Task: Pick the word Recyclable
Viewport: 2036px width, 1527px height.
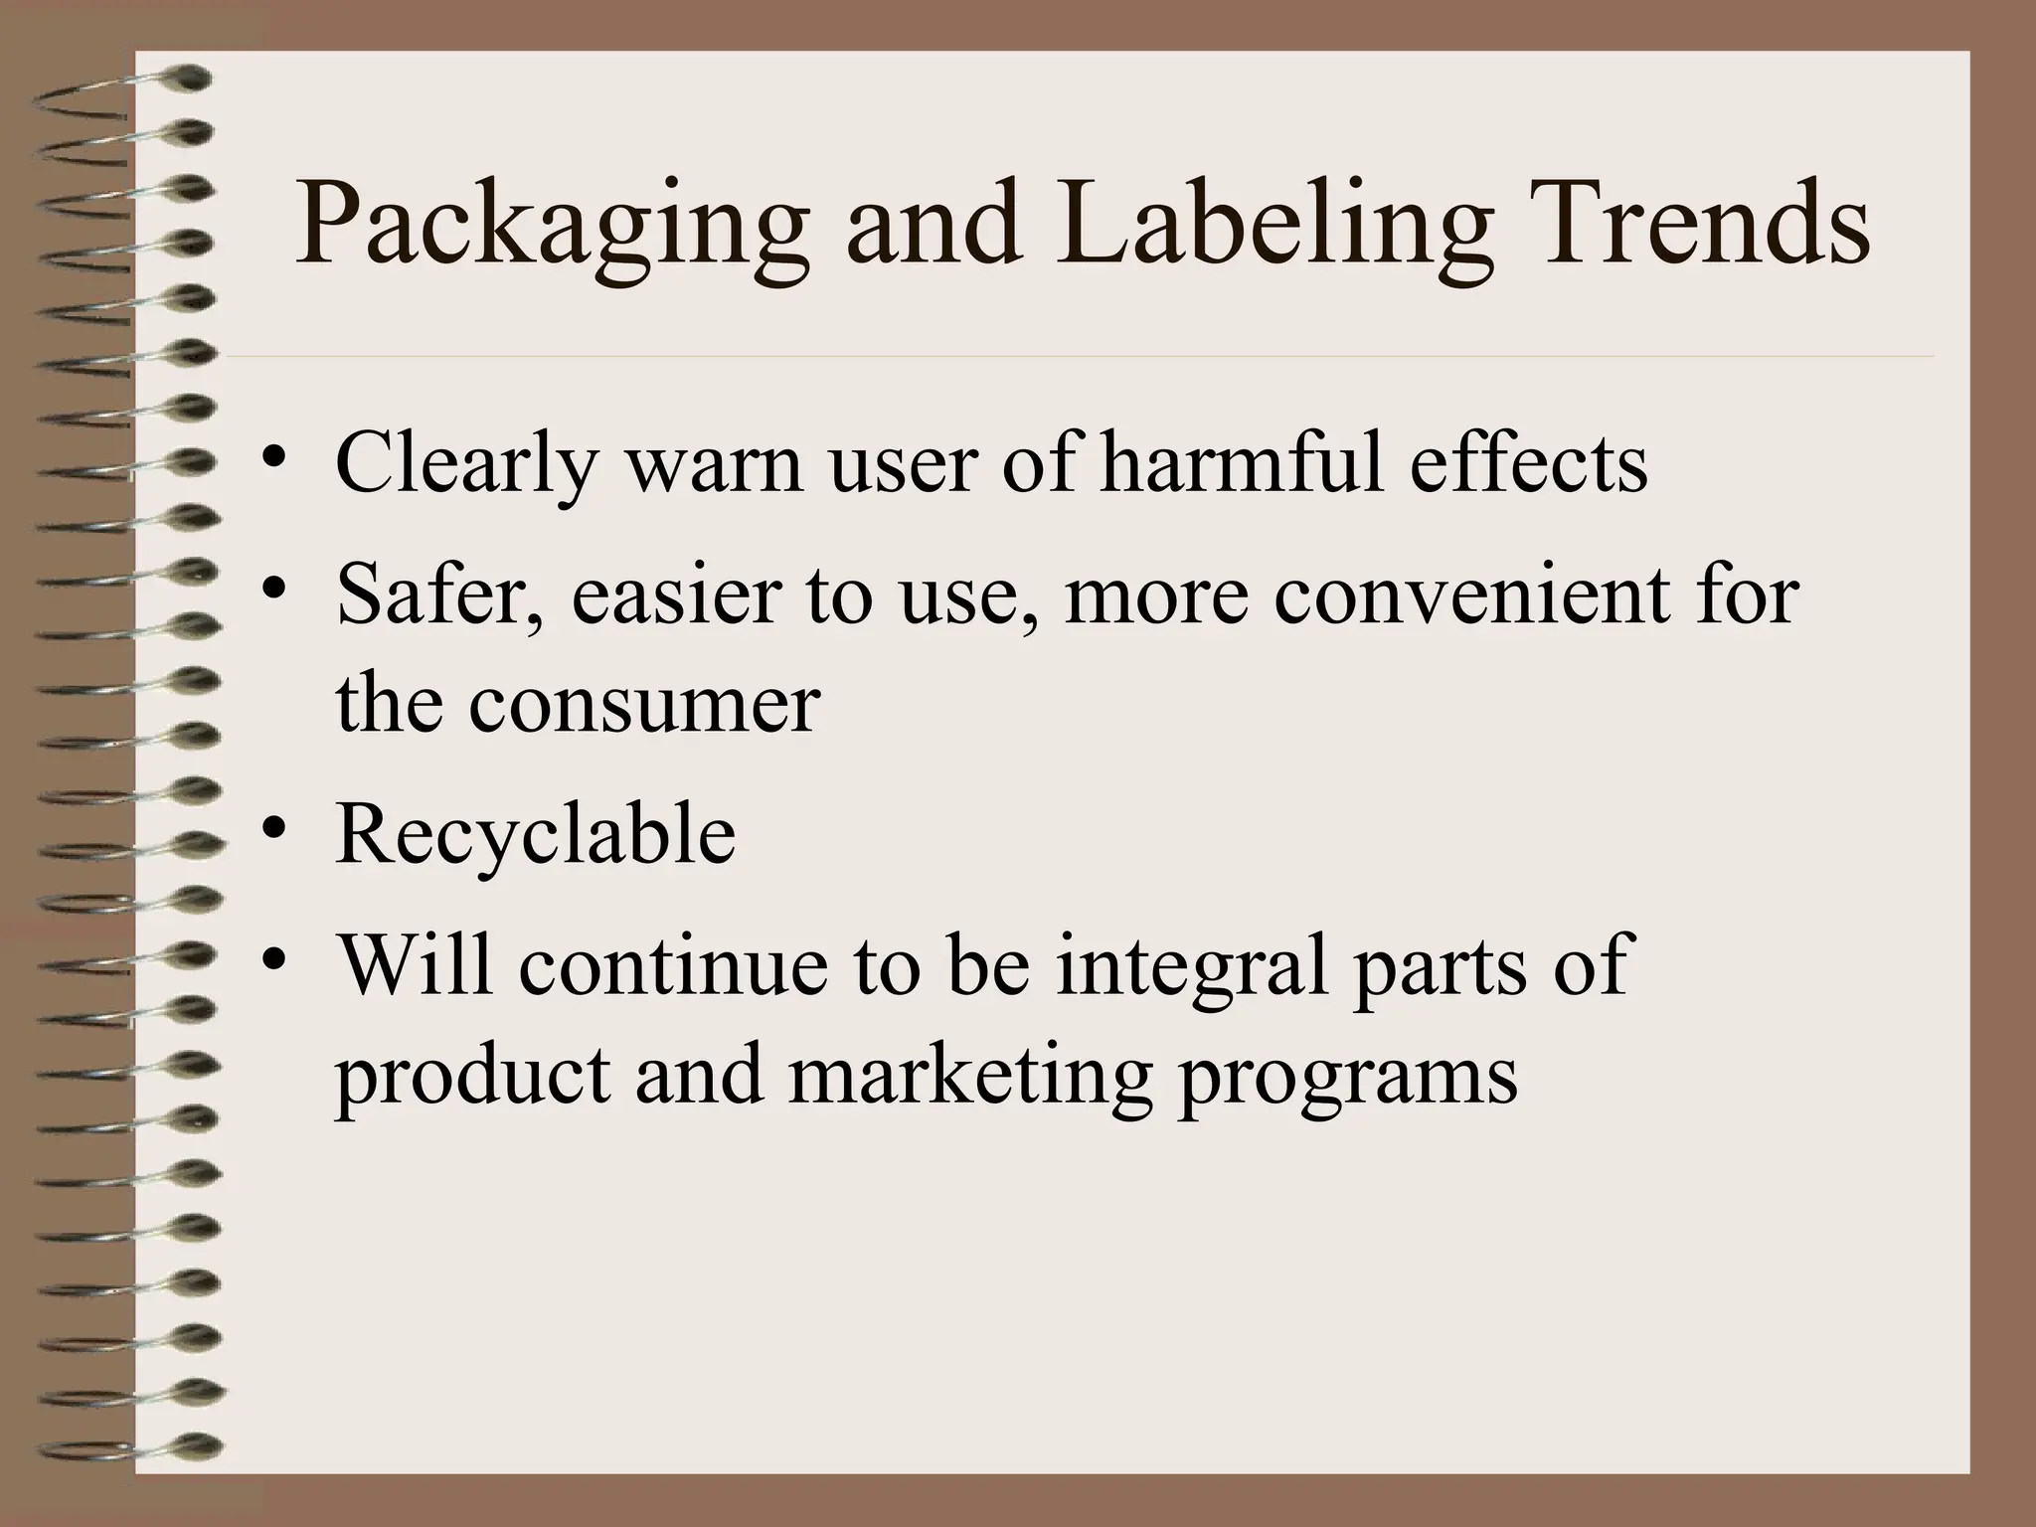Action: pyautogui.click(x=536, y=832)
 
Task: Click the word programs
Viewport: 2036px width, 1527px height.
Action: pyautogui.click(x=1347, y=1078)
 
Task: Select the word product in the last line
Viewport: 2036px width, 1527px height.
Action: pyautogui.click(x=473, y=1076)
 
